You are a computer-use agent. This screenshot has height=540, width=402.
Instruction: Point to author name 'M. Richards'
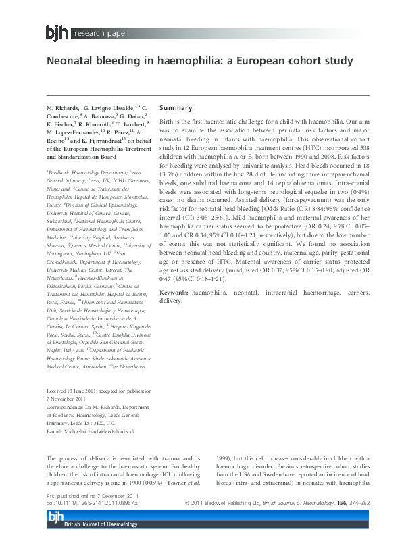[63, 108]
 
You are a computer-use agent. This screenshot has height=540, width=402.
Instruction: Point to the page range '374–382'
[378, 504]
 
